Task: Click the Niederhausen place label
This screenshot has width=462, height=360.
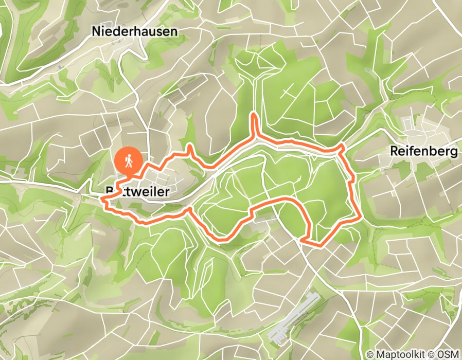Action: [134, 31]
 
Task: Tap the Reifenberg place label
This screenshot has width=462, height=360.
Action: [424, 152]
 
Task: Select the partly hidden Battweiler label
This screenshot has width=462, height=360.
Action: [136, 192]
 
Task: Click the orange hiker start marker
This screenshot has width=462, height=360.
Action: [128, 160]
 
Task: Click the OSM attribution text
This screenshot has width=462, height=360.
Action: [448, 354]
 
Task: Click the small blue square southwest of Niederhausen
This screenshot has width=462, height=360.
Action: [61, 67]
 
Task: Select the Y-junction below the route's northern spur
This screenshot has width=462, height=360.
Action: [254, 138]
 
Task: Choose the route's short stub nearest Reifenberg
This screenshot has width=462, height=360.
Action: [341, 148]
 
